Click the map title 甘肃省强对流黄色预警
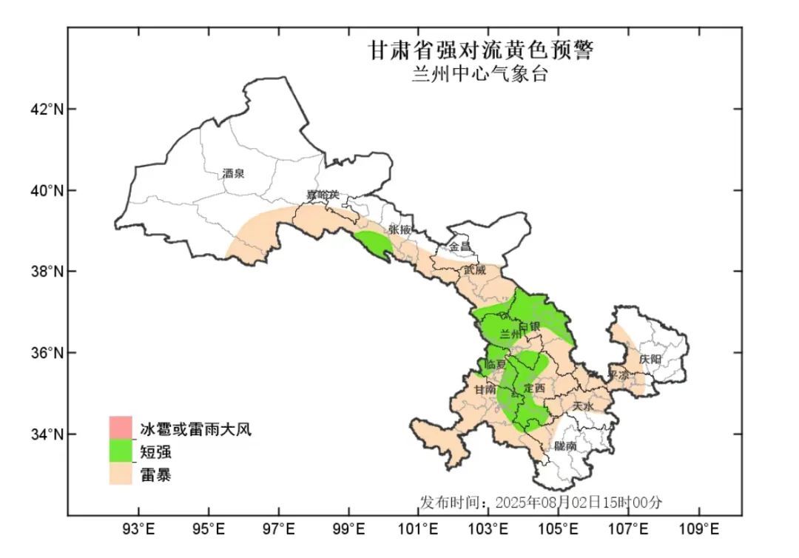click(x=482, y=50)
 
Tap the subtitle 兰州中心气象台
click(x=480, y=75)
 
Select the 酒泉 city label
click(x=233, y=174)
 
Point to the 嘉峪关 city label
click(x=323, y=195)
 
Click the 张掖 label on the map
click(x=399, y=229)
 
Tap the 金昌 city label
click(x=459, y=246)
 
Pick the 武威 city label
click(x=474, y=270)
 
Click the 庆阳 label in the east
click(x=651, y=359)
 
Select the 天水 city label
click(x=583, y=406)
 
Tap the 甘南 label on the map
click(x=485, y=389)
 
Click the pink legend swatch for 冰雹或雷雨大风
click(x=121, y=427)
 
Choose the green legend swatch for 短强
click(x=121, y=451)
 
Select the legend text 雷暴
click(x=155, y=475)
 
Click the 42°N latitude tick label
click(x=42, y=110)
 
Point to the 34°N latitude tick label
click(x=42, y=434)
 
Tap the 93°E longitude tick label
click(x=138, y=529)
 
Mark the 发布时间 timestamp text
click(x=541, y=502)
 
